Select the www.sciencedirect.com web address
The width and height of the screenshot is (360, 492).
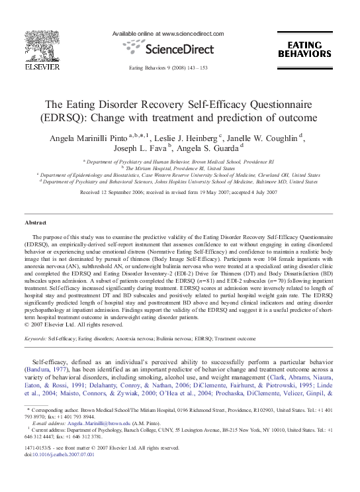point(197,34)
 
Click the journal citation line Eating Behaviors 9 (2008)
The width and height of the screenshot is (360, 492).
point(177,68)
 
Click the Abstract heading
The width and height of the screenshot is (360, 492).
point(35,222)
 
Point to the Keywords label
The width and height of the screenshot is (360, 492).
point(34,338)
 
